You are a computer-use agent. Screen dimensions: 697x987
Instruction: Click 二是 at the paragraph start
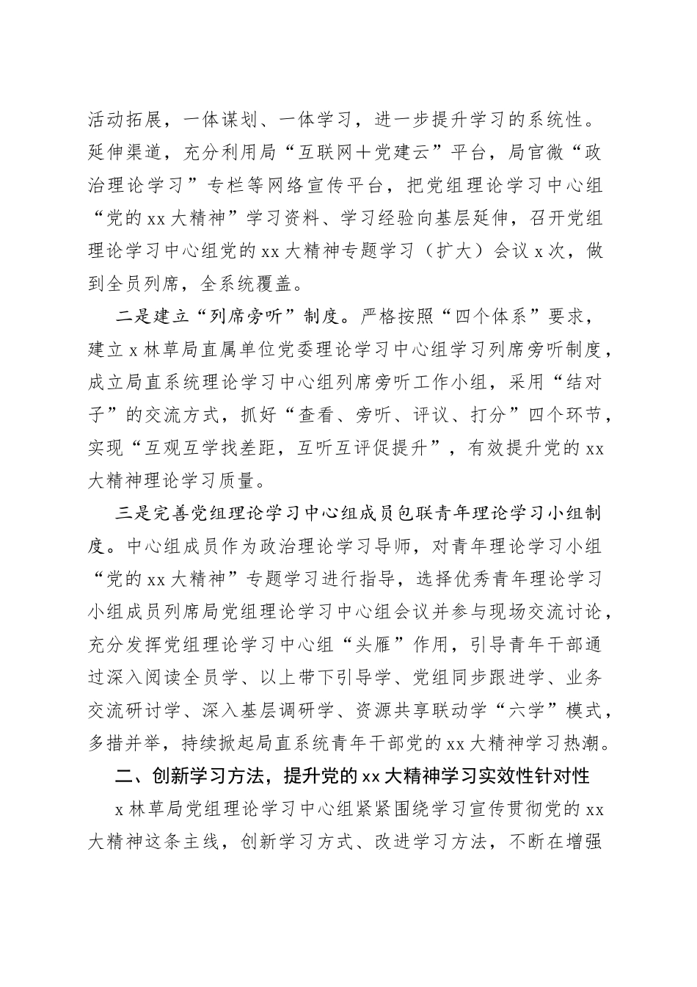coord(133,317)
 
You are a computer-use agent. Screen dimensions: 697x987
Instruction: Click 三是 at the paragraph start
coord(133,514)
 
